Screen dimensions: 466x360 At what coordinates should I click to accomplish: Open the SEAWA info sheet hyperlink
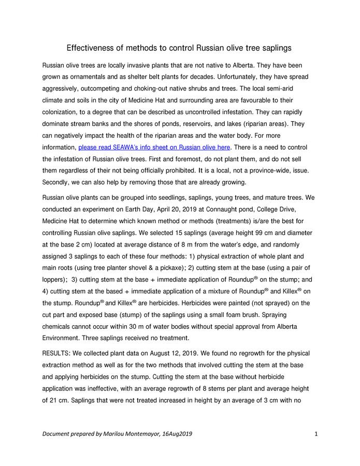[x=154, y=148]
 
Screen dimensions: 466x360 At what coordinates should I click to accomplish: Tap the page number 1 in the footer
[x=315, y=434]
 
